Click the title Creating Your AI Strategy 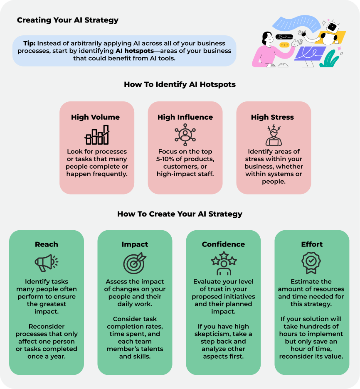(x=68, y=20)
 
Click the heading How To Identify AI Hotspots (x=180, y=84)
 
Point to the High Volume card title (x=95, y=117)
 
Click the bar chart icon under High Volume (x=97, y=135)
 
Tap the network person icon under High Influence (x=185, y=135)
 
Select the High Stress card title (x=272, y=117)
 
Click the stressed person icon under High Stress (x=274, y=135)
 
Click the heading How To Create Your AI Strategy (x=180, y=214)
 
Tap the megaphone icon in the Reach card (x=46, y=263)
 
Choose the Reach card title (x=47, y=244)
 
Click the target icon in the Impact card (x=135, y=263)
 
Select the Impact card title (x=135, y=244)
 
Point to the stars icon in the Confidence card (x=223, y=263)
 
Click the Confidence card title (x=223, y=244)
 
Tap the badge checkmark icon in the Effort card (x=311, y=262)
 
